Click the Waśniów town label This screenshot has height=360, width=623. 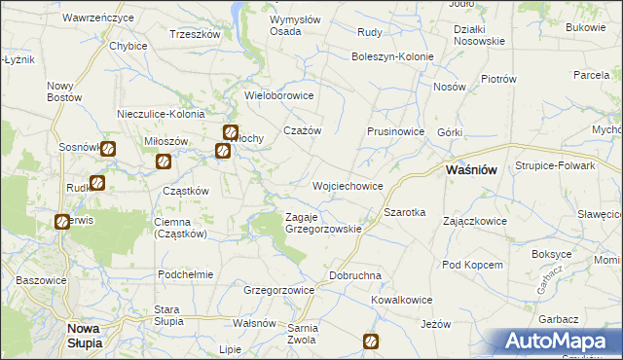(x=471, y=169)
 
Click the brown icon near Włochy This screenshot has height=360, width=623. (x=231, y=133)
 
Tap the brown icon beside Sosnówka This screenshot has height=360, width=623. (x=108, y=149)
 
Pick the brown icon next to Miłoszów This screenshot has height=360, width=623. (x=163, y=161)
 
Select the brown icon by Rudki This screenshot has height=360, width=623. (x=96, y=182)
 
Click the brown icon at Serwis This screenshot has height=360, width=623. (x=62, y=222)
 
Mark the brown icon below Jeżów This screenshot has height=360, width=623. (x=371, y=342)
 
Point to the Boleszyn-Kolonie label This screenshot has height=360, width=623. (x=392, y=56)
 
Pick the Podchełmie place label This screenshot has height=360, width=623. (x=185, y=274)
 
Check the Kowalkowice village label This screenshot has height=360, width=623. (x=400, y=301)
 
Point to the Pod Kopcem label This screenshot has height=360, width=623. (x=472, y=265)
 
